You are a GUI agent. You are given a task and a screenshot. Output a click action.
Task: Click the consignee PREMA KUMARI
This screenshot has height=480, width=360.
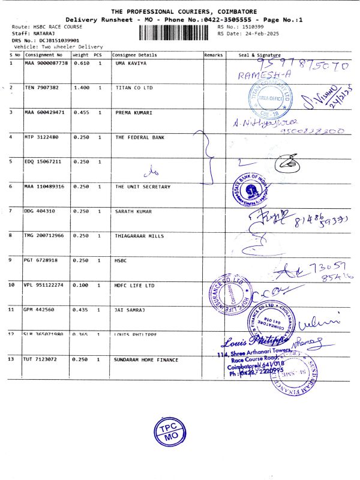pos(133,112)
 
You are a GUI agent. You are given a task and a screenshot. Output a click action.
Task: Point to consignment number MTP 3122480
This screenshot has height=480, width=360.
pos(42,137)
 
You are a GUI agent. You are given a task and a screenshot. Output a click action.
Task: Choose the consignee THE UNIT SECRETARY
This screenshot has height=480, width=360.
pos(143,187)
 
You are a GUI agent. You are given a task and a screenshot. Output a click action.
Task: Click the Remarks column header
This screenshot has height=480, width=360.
pos(214,55)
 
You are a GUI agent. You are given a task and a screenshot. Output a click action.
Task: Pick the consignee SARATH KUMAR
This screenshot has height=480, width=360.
pos(133,211)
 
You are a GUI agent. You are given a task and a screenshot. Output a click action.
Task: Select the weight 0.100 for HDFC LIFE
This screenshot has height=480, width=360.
pos(80,285)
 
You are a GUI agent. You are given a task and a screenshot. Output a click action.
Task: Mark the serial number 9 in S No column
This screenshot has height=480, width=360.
pos(11,260)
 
